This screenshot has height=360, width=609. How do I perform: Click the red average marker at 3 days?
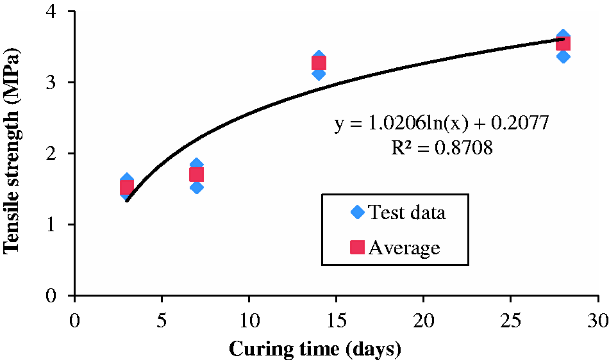pyautogui.click(x=127, y=188)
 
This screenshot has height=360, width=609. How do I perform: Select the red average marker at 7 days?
pyautogui.click(x=197, y=175)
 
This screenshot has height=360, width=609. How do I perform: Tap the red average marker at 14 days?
pyautogui.click(x=319, y=63)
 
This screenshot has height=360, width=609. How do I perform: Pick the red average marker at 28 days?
pyautogui.click(x=563, y=43)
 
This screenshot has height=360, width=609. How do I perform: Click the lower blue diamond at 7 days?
pyautogui.click(x=197, y=188)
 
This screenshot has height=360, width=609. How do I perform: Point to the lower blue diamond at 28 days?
pyautogui.click(x=563, y=56)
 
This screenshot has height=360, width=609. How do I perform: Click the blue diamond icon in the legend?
pyautogui.click(x=357, y=212)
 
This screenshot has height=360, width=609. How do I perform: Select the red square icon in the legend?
pyautogui.click(x=357, y=247)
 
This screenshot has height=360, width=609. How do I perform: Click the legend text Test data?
pyautogui.click(x=407, y=212)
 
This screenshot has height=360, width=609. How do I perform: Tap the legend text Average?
pyautogui.click(x=405, y=247)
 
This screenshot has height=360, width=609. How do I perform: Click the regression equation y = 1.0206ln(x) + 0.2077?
pyautogui.click(x=442, y=124)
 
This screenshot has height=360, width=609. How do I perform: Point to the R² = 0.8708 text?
pyautogui.click(x=442, y=147)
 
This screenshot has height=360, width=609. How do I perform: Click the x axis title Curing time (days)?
pyautogui.click(x=315, y=348)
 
